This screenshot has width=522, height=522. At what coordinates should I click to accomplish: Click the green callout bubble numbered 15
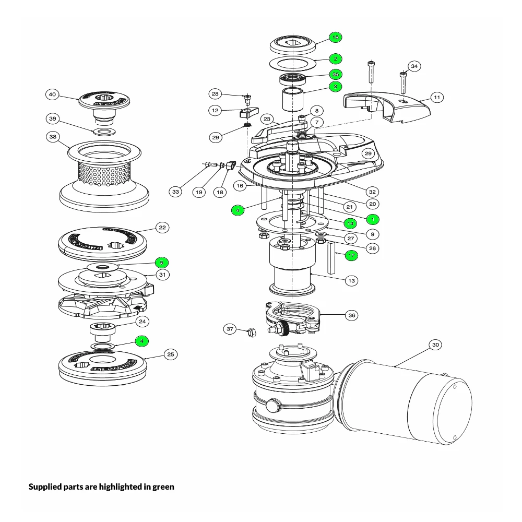335,38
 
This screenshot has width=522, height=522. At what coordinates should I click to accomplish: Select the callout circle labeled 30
436,345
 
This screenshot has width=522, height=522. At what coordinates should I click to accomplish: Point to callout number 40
52,94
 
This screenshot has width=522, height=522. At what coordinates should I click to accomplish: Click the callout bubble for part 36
352,315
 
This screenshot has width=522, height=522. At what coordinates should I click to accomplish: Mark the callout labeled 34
414,66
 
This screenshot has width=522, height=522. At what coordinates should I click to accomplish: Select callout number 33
175,192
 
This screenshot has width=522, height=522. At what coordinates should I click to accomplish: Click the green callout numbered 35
335,75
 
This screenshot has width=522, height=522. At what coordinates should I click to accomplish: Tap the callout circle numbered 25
170,354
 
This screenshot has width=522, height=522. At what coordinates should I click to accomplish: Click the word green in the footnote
163,487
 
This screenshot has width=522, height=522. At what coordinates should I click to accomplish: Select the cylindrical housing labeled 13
292,266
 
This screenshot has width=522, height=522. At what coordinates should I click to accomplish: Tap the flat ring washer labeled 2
293,64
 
